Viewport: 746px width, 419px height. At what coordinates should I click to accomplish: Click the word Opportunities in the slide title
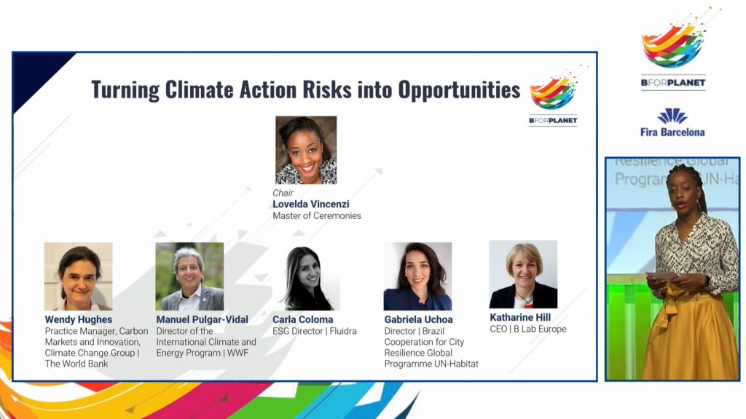click(x=459, y=89)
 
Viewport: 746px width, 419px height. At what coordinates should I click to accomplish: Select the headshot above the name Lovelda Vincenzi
click(x=306, y=150)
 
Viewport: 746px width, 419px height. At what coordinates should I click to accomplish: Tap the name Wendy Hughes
click(x=79, y=320)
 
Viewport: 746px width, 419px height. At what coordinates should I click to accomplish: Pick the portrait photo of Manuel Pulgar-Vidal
click(x=189, y=276)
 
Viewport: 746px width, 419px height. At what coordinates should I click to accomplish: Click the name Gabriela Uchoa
click(x=419, y=320)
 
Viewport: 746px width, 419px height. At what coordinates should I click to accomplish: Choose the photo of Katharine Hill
click(x=523, y=274)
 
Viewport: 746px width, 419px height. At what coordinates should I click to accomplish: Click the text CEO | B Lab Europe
click(x=528, y=329)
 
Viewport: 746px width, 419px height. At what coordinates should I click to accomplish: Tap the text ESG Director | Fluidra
click(x=315, y=331)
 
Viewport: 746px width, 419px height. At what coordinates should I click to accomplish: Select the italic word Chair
click(x=283, y=193)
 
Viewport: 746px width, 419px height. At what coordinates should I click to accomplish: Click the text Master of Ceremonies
click(x=317, y=215)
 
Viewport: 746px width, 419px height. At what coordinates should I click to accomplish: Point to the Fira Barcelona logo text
click(x=672, y=132)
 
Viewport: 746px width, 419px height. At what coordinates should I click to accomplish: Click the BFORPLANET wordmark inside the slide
click(x=553, y=121)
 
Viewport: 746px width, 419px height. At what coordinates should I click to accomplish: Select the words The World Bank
click(x=76, y=364)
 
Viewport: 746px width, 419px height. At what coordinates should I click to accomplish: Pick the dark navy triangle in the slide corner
click(x=38, y=75)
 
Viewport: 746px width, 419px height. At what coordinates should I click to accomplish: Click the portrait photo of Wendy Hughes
click(x=79, y=276)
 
